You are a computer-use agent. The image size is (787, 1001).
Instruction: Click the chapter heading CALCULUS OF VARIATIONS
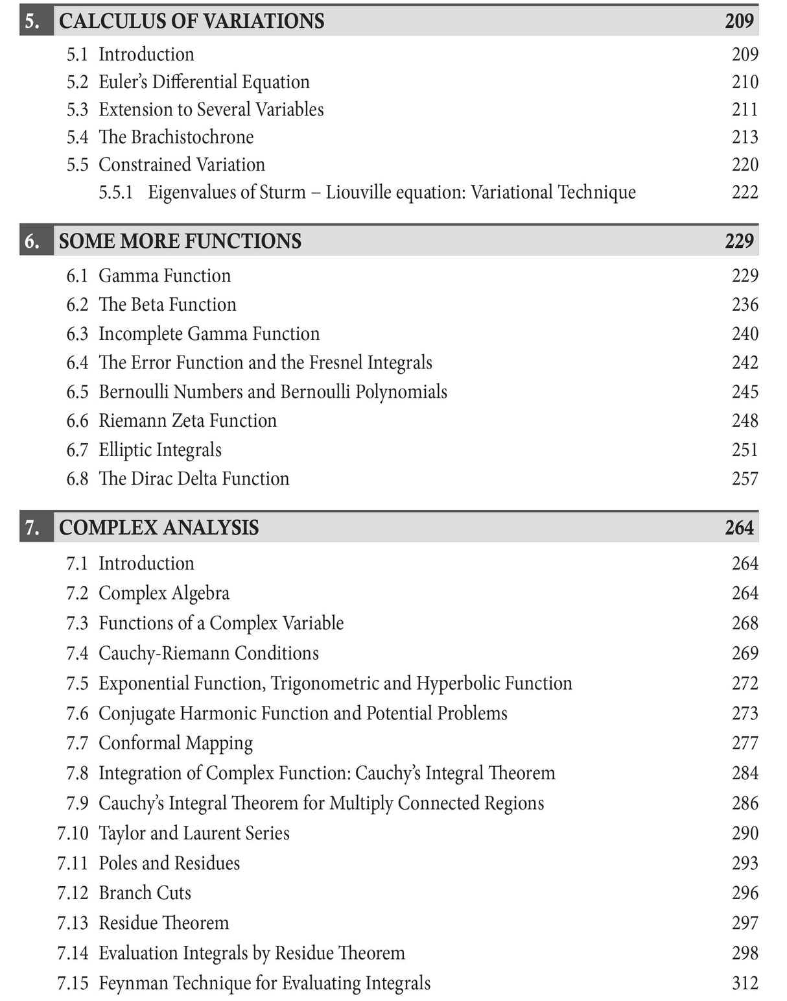coord(191,21)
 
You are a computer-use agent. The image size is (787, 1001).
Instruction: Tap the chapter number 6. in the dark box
coord(32,241)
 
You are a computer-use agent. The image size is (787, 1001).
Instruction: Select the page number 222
coord(744,192)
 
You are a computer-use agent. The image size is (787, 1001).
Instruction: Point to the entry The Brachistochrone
coord(176,137)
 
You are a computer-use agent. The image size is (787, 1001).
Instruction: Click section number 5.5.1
coord(115,192)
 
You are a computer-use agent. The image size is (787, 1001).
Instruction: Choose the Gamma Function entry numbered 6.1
coord(164,276)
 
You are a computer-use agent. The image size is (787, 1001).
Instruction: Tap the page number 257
coord(744,479)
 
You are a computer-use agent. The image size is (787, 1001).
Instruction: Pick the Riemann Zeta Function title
coord(187,420)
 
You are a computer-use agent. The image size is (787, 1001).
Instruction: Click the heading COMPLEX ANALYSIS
coord(159,527)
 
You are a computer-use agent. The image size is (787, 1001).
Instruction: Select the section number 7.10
coord(73,833)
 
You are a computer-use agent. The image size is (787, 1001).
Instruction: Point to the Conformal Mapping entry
coord(175,743)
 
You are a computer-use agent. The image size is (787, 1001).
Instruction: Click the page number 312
coord(744,983)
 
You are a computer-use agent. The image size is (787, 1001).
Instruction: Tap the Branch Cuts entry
coord(145,893)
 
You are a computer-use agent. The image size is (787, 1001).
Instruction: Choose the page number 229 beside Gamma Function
coord(744,276)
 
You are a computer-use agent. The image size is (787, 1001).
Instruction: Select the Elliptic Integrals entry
coord(159,450)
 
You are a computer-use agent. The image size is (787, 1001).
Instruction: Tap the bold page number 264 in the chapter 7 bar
coord(739,527)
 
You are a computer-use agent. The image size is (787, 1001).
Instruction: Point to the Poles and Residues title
coord(169,863)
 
